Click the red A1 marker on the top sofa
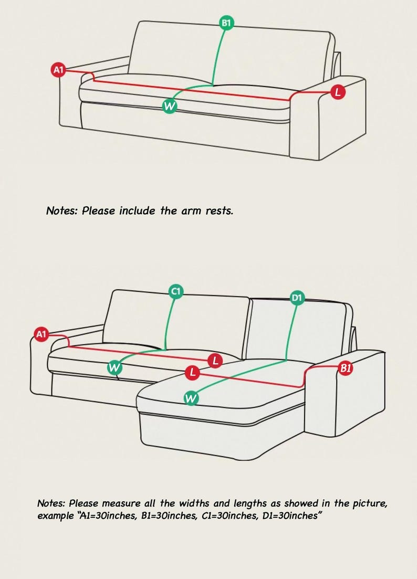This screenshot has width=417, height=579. coord(58,70)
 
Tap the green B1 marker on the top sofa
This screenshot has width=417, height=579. coord(226,23)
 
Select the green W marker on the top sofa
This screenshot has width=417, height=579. coord(170,106)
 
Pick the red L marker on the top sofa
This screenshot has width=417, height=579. coord(338,92)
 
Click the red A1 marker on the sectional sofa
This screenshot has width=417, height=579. coord(41,334)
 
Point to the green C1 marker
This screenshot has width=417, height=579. coord(176,291)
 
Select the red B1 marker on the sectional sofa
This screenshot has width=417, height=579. coord(346,368)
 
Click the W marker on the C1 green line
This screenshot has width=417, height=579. coord(114,368)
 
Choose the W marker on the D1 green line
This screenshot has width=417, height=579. coord(191,398)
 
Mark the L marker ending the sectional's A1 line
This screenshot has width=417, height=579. coord(215,361)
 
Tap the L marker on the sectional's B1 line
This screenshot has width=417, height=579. coord(192,373)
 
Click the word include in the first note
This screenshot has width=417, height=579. coord(137,210)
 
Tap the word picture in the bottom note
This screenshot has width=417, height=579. coord(371,504)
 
